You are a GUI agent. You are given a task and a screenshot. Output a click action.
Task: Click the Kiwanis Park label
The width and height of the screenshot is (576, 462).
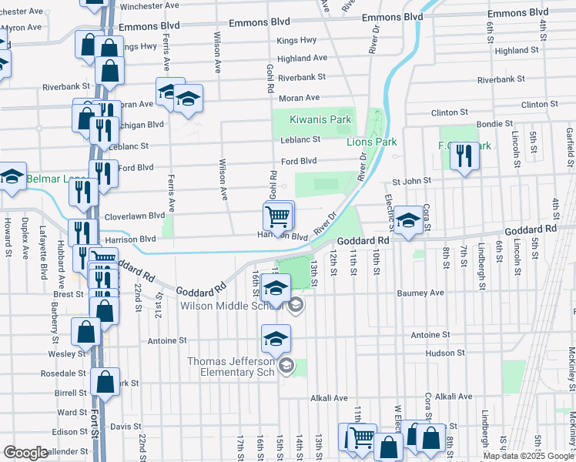coord(320,119)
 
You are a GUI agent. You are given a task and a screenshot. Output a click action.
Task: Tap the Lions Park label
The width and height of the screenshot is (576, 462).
coord(371,142)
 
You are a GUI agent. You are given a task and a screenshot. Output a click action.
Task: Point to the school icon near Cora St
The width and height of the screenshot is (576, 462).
coord(408,217)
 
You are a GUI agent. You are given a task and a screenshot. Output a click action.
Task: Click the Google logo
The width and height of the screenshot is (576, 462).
coord(26,453)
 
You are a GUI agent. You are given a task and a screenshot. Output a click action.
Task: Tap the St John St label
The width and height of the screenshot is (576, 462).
coord(411,182)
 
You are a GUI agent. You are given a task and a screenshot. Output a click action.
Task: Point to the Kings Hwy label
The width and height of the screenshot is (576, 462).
coord(297,40)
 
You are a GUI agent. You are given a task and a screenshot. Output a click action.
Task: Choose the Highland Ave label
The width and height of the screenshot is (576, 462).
coord(303,59)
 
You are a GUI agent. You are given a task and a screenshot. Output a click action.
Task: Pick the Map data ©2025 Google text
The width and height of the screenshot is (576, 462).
coord(529,456)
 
